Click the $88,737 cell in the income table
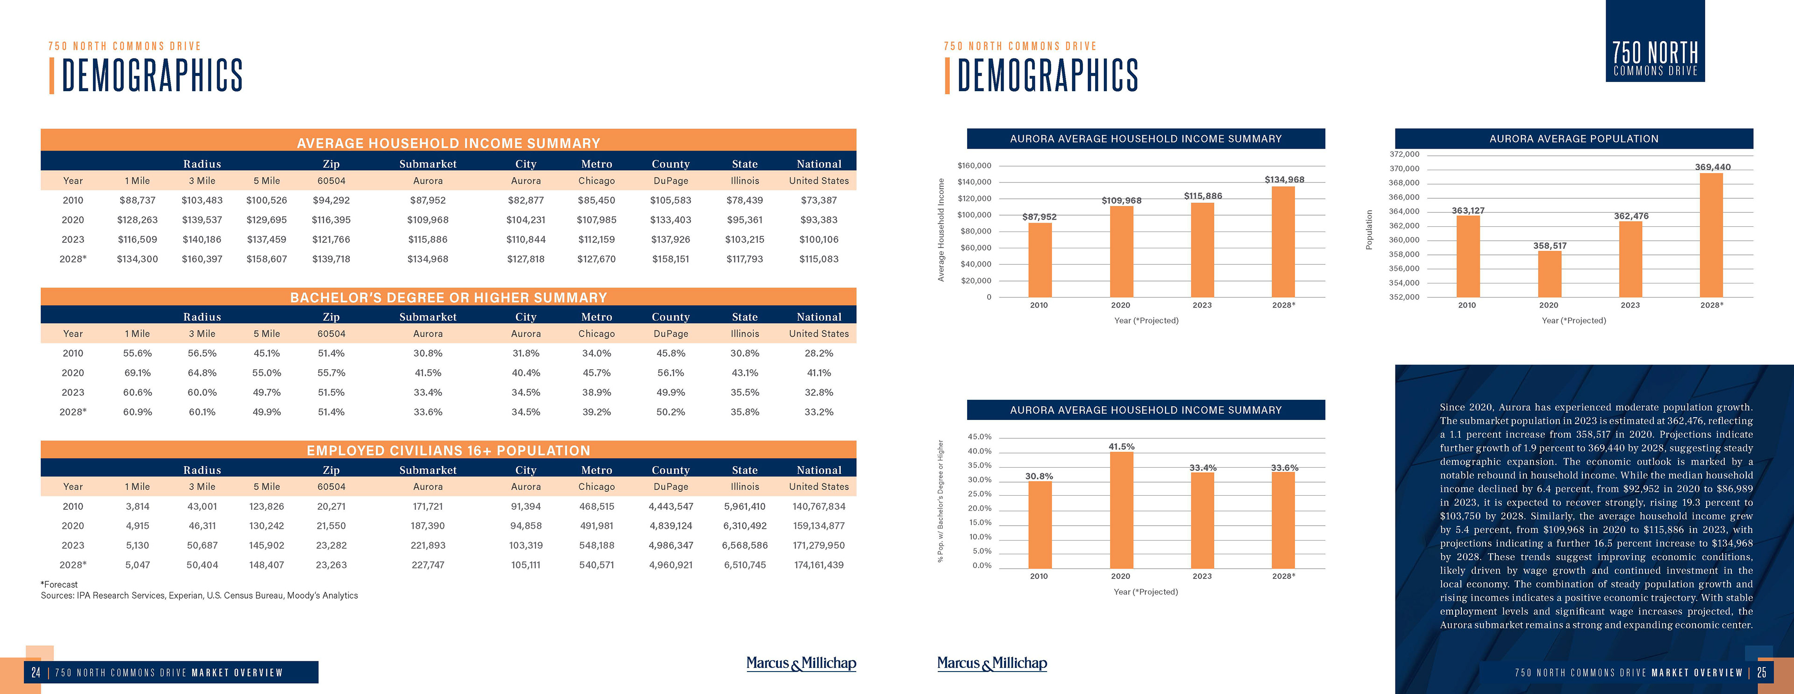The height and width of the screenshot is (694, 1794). point(137,200)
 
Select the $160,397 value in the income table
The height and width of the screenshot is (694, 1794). point(202,259)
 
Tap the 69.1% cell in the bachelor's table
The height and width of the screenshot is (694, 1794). point(137,373)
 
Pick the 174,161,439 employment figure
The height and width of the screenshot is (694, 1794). point(819,565)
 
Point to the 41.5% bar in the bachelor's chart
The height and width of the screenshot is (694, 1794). point(1121,510)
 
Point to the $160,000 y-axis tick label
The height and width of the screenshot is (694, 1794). point(974,166)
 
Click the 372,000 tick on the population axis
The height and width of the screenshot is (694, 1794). point(1404,154)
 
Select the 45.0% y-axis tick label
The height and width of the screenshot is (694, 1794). point(979,437)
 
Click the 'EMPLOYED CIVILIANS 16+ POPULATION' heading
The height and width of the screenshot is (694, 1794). point(448,451)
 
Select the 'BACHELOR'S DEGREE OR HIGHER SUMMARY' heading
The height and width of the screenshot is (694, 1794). point(448,297)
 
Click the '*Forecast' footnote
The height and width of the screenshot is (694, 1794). point(59,585)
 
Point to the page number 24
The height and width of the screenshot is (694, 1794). point(36,672)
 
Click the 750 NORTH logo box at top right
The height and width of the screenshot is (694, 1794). point(1655,42)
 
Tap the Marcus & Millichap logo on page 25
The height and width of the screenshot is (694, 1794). point(992,663)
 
